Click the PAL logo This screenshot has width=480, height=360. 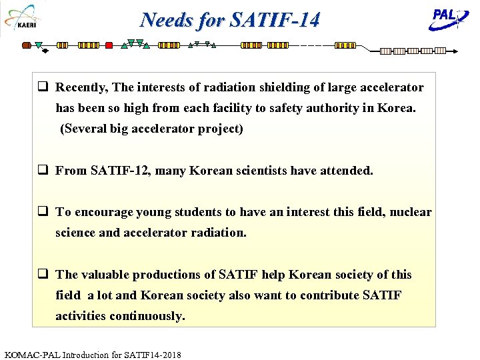click(x=446, y=18)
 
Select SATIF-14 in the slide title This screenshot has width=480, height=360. click(x=275, y=20)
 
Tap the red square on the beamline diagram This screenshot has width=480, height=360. click(x=109, y=45)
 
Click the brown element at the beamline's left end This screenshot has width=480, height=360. click(x=27, y=45)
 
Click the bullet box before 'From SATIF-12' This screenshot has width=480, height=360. click(x=42, y=171)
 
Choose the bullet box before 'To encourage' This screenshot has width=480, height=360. click(x=42, y=212)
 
